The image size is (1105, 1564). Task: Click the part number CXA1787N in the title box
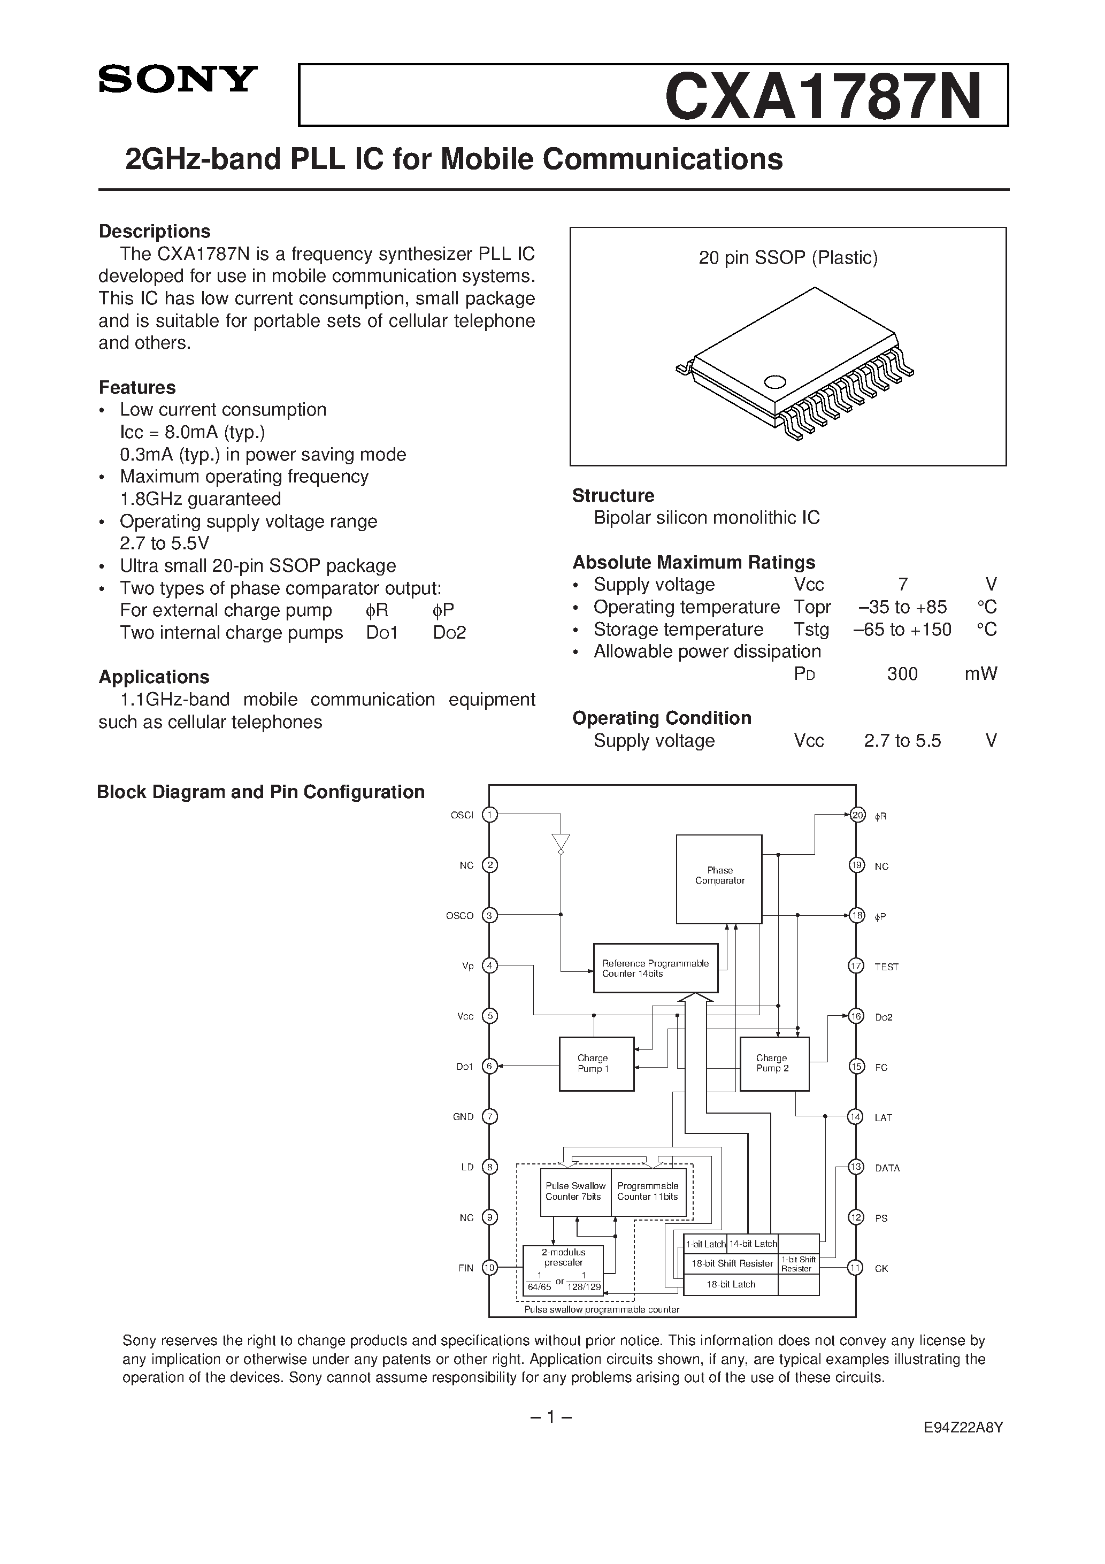(x=823, y=96)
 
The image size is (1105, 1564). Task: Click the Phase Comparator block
(x=719, y=879)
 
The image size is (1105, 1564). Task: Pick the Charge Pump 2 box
(x=774, y=1063)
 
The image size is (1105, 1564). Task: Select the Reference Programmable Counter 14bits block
(x=655, y=968)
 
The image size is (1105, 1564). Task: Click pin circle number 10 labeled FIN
(x=489, y=1268)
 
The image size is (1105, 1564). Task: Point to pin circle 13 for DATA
(x=856, y=1167)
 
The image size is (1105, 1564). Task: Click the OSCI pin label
(x=462, y=815)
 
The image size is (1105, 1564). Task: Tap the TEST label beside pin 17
(x=886, y=967)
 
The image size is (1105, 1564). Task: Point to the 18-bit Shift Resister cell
(x=732, y=1263)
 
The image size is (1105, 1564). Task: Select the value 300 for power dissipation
(x=902, y=674)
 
